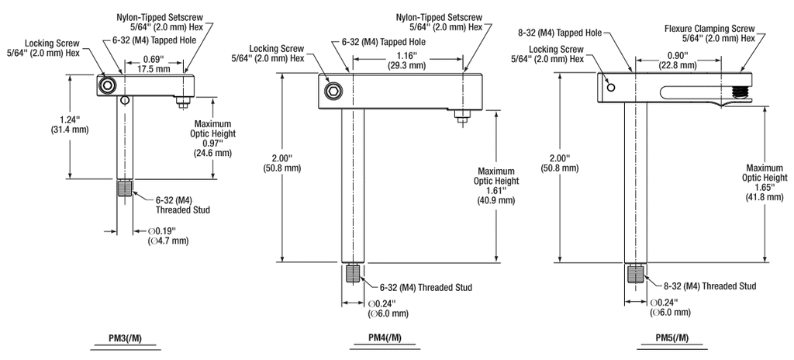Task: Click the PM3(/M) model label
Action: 126,337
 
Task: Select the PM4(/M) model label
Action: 385,338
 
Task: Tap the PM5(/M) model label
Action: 672,338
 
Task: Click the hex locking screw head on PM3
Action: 107,86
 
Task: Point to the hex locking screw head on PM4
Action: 333,92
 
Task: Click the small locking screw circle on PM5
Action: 611,88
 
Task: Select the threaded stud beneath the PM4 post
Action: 354,273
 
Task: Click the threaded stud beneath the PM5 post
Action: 636,273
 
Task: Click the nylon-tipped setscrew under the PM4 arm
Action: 461,116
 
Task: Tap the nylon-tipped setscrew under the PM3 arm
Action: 181,102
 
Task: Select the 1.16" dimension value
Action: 407,55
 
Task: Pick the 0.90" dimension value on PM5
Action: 677,55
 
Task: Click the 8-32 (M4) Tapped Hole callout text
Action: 560,33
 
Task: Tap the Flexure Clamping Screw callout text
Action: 709,29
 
